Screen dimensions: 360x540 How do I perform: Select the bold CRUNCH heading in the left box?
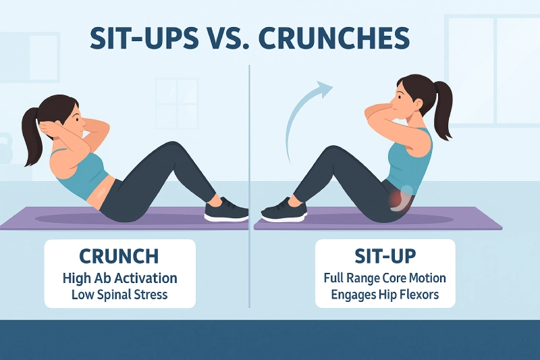119,256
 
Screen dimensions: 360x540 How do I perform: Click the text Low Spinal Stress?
119,294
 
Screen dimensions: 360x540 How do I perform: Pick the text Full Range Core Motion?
384,278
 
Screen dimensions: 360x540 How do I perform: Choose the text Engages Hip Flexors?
384,294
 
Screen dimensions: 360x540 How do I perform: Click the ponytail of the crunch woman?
31,138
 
